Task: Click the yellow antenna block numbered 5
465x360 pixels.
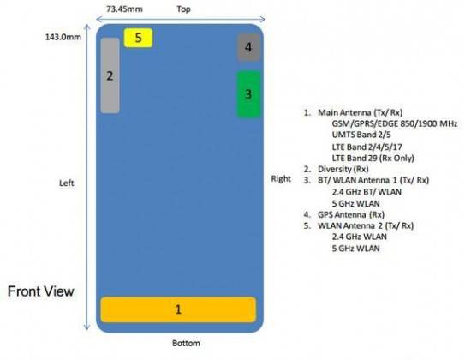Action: click(x=138, y=38)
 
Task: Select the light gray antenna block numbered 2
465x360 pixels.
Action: click(x=110, y=75)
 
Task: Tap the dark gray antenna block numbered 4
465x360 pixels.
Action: click(x=249, y=47)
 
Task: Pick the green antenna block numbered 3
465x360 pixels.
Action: click(x=248, y=94)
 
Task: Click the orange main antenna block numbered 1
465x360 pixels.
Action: click(x=178, y=309)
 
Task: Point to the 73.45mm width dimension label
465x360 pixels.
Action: click(x=124, y=9)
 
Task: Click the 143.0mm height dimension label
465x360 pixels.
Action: click(x=63, y=37)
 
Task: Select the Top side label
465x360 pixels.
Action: click(x=183, y=9)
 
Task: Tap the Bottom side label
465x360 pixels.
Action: click(x=186, y=344)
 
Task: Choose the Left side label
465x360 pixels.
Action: click(x=67, y=183)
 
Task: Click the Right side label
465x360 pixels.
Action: click(x=281, y=178)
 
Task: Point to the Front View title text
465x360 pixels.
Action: click(x=41, y=291)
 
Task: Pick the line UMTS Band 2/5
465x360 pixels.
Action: click(x=361, y=135)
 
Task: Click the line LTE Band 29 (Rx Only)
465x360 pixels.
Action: click(x=373, y=158)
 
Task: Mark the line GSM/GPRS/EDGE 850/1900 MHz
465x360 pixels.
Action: click(x=395, y=123)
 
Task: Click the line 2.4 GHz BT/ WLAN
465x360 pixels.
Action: click(x=367, y=192)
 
